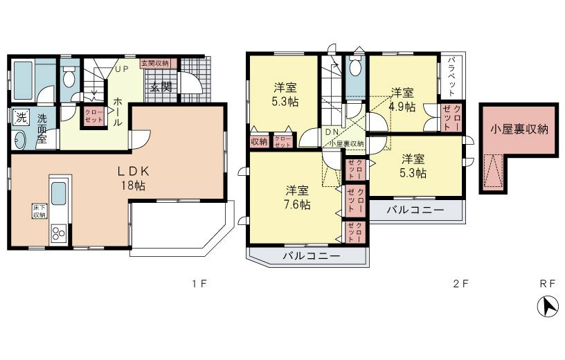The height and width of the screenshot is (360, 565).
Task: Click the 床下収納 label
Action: point(39,211)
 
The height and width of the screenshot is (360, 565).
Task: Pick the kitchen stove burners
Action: point(57,233)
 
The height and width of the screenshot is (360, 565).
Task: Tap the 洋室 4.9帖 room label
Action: point(402,100)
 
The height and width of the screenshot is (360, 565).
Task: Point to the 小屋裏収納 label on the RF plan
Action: point(518,129)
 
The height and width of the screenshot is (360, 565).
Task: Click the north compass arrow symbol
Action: point(548,305)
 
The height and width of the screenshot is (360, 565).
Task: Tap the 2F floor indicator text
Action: point(461,284)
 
